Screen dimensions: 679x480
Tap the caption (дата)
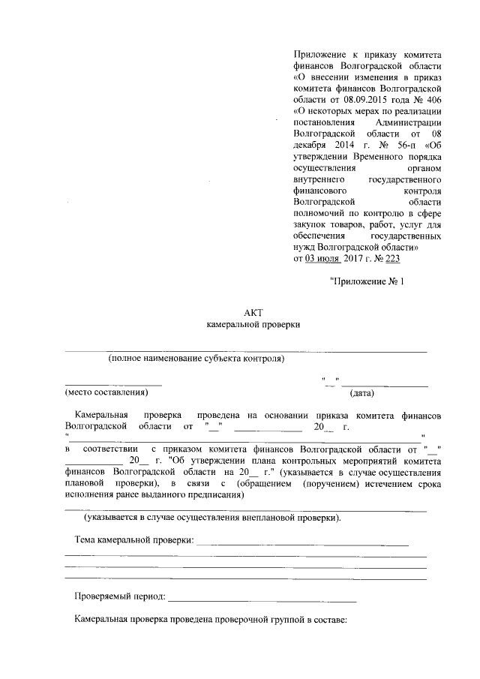[362, 392]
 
